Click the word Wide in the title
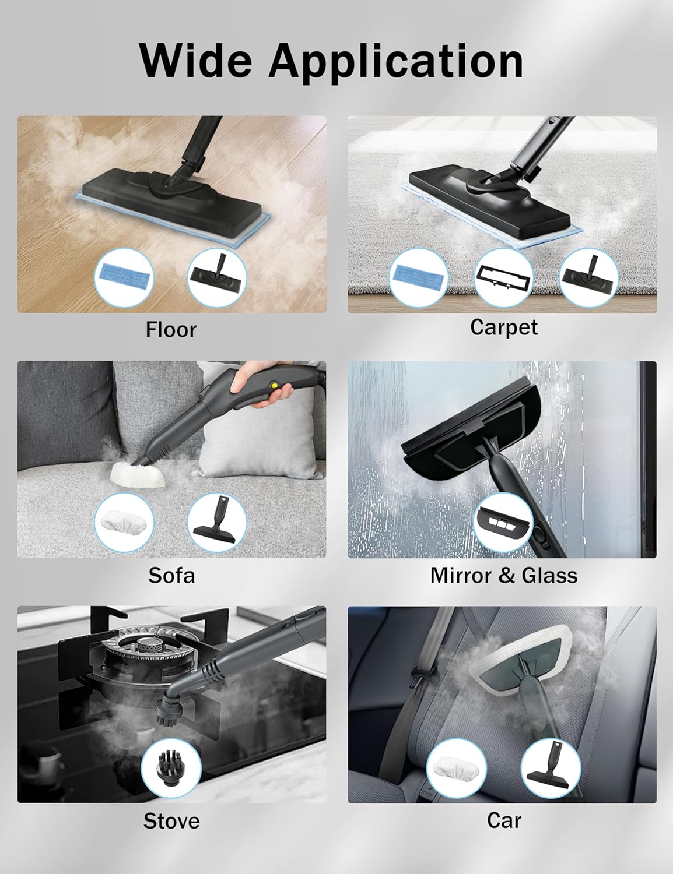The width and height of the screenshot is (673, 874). [x=197, y=61]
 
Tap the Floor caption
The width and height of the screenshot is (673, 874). [x=171, y=330]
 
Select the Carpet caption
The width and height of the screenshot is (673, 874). [x=503, y=328]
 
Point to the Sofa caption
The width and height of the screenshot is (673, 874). [x=171, y=575]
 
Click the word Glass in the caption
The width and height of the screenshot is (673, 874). [x=549, y=575]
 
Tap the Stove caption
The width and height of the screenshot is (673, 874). [x=171, y=821]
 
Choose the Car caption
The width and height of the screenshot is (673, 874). [x=504, y=820]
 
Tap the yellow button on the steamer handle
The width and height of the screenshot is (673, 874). [x=275, y=385]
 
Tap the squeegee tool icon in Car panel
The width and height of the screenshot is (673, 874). [x=551, y=768]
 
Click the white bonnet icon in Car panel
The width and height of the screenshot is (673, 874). [x=456, y=768]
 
